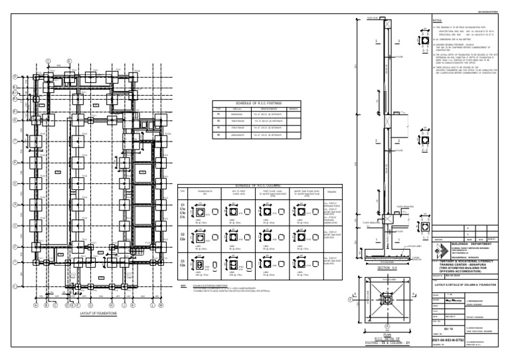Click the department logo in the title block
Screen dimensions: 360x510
coord(442,251)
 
